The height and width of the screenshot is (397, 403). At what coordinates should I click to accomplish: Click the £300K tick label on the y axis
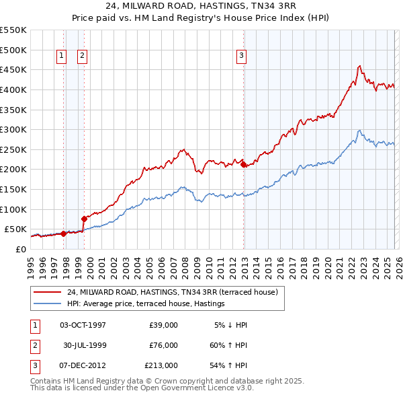(x=13, y=129)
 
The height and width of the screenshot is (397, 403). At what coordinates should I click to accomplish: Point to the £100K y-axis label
(x=13, y=209)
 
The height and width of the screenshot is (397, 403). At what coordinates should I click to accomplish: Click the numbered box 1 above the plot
(x=61, y=57)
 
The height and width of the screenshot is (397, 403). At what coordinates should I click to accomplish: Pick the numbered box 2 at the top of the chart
(x=83, y=57)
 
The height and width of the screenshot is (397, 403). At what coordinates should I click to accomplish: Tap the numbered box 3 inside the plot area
(x=241, y=57)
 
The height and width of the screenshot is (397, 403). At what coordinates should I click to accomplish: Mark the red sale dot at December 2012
(x=243, y=164)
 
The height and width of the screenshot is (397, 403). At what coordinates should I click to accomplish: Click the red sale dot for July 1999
(x=85, y=219)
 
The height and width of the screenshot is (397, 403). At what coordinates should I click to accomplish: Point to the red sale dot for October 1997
(x=63, y=233)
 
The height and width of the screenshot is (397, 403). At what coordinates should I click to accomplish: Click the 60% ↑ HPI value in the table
(x=229, y=345)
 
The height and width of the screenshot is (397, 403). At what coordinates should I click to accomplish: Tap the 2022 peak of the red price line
(x=359, y=65)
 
